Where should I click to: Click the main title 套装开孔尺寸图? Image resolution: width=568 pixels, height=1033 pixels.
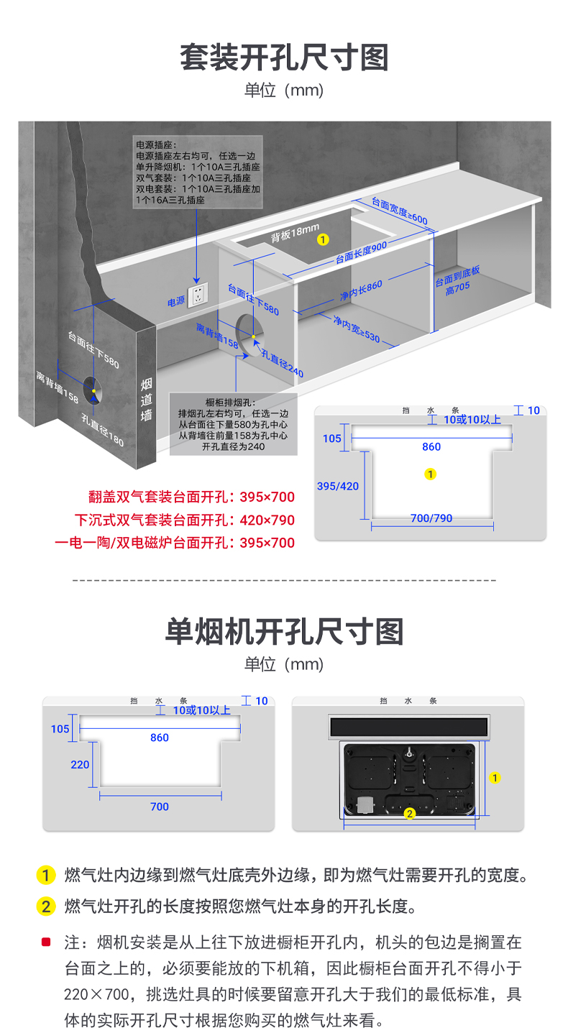point(284,58)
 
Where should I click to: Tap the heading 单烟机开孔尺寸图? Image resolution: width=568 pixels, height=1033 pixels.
point(284,631)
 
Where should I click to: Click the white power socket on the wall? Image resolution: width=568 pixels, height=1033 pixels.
point(198,295)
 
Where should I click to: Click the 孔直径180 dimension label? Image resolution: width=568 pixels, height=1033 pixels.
point(102,430)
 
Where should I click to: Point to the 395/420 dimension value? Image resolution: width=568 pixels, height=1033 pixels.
point(338,486)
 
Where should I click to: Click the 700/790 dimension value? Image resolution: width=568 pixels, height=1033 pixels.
point(431,518)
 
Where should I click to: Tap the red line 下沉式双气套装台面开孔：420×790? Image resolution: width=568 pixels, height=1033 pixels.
point(185,520)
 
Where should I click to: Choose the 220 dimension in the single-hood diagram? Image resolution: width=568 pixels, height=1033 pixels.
point(80,764)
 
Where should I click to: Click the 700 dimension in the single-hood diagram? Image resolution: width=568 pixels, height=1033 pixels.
point(160,807)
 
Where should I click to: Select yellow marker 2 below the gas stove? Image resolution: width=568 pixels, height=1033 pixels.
point(409,814)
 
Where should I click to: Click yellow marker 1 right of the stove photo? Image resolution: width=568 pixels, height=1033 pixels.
point(495,777)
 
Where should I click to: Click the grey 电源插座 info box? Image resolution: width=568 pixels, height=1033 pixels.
point(197,173)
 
